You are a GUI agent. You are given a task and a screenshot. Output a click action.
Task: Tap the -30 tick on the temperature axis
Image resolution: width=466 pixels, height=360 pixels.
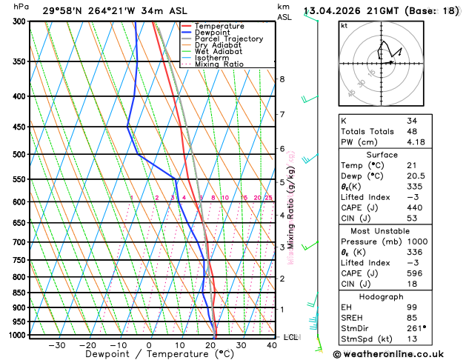click(x=57, y=345)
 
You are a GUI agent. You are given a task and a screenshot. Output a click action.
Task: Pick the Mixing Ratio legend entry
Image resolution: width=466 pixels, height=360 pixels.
click(x=222, y=64)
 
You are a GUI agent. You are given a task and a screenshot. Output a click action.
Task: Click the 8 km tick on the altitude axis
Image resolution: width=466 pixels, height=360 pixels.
click(x=282, y=79)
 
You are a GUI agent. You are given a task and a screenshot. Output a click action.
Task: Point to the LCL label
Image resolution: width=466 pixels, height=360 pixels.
click(x=291, y=337)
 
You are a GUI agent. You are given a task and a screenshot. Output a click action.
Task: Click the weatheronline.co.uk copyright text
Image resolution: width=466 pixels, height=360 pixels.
click(x=393, y=353)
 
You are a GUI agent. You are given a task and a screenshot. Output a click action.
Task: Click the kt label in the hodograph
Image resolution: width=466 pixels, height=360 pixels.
click(x=344, y=25)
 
